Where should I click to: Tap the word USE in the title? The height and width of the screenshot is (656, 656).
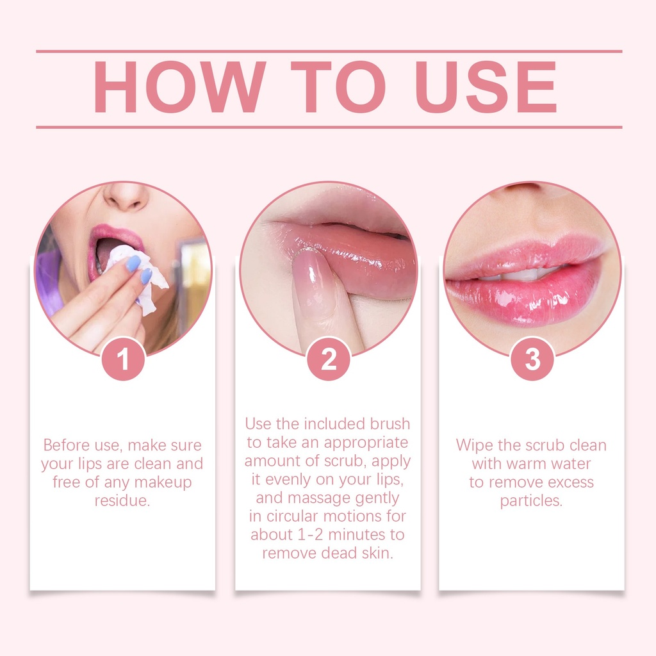click(x=486, y=87)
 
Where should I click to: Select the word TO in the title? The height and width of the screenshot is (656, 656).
click(x=338, y=87)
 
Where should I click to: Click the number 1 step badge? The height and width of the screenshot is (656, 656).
click(x=123, y=359)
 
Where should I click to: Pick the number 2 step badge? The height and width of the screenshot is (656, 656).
click(x=329, y=359)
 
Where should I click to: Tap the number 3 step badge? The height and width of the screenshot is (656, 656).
click(x=532, y=359)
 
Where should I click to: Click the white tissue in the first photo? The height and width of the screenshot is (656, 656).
click(x=138, y=276)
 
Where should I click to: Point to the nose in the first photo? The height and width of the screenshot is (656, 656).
click(x=126, y=196)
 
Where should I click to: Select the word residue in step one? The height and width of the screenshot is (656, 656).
click(x=122, y=501)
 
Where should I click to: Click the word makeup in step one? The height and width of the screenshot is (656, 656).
click(x=163, y=482)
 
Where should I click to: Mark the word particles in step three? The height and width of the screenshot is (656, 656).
click(x=531, y=501)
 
